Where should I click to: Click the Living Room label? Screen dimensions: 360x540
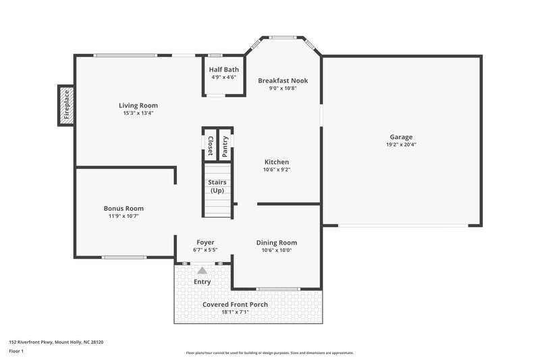click(x=138, y=105)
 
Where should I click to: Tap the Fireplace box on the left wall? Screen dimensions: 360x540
click(x=66, y=106)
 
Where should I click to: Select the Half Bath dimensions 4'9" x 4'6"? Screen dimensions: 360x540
click(x=223, y=77)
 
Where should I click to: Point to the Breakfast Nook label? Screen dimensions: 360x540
click(x=283, y=80)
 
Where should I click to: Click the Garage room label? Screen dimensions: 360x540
click(x=401, y=136)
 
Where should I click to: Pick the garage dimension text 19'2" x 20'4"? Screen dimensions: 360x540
click(x=401, y=145)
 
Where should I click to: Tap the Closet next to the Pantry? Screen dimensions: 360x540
click(x=210, y=145)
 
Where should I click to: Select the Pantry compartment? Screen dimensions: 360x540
click(x=225, y=145)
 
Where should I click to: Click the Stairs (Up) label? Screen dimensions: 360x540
click(x=217, y=186)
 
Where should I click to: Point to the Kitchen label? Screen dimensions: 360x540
click(x=277, y=162)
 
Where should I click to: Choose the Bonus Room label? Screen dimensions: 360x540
click(x=124, y=209)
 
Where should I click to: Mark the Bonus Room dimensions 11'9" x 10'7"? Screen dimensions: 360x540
click(x=124, y=217)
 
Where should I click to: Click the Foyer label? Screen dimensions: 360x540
click(x=205, y=242)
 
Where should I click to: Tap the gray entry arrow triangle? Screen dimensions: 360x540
click(x=202, y=270)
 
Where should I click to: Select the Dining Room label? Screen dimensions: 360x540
click(x=277, y=242)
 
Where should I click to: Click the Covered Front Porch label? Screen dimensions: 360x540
click(x=236, y=305)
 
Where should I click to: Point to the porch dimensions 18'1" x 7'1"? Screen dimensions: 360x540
click(x=236, y=313)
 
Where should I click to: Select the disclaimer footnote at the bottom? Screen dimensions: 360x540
click(x=270, y=353)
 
